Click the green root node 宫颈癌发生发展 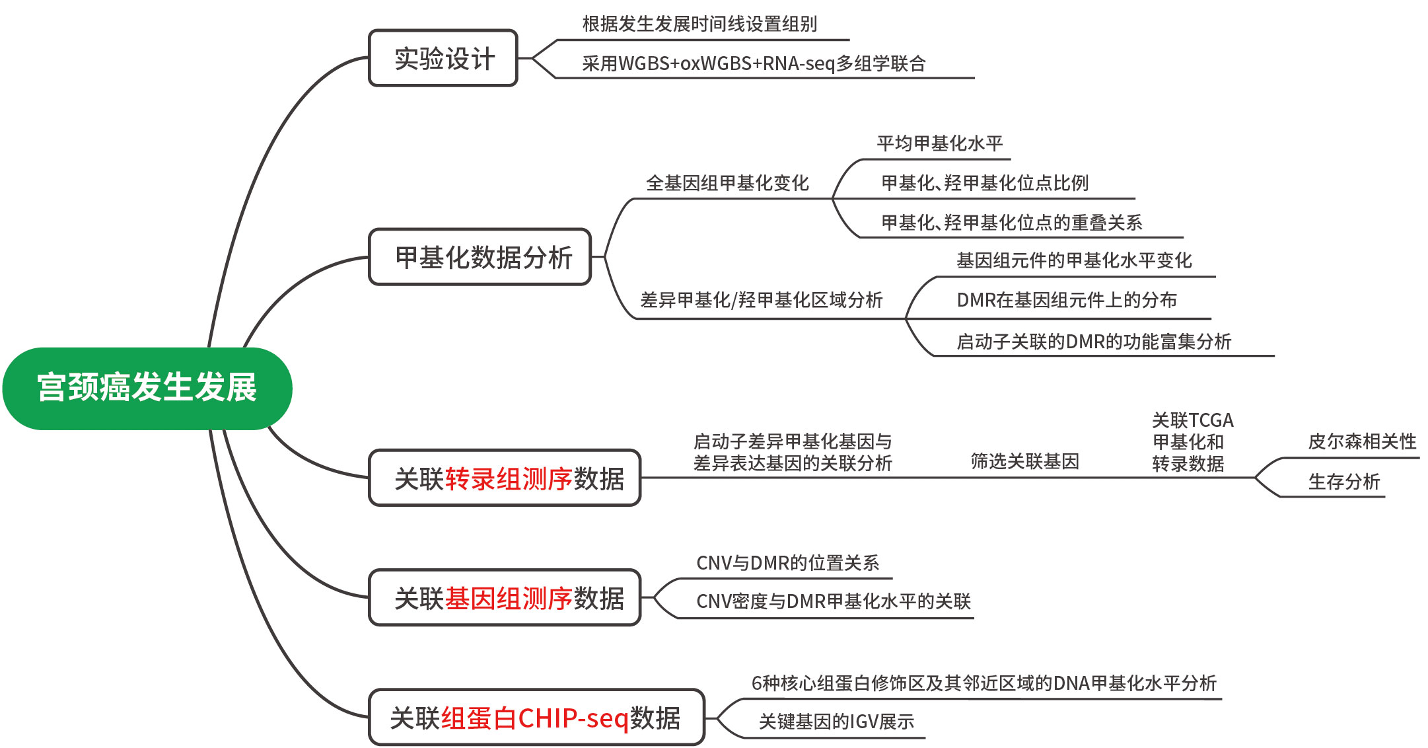pos(147,389)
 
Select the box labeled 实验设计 pos(443,58)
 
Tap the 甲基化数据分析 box pos(480,257)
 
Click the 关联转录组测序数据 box pos(505,478)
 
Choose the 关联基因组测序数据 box pos(505,597)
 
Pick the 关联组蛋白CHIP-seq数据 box pos(537,718)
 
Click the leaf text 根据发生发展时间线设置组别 pos(700,24)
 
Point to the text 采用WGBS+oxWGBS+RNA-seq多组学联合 pos(754,63)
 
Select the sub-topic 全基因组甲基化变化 pos(728,183)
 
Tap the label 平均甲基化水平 pos(940,143)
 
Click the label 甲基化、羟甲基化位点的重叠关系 pos(1012,222)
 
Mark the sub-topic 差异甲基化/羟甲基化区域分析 pos(762,300)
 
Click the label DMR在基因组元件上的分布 pos(1067,300)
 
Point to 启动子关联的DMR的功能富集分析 pos(1094,342)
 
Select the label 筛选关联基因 pos(1025,461)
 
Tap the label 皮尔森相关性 pos(1363,441)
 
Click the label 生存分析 pos(1344,482)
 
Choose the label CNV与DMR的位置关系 pos(788,563)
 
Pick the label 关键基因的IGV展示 pos(837,722)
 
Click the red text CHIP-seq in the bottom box pos(573,718)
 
